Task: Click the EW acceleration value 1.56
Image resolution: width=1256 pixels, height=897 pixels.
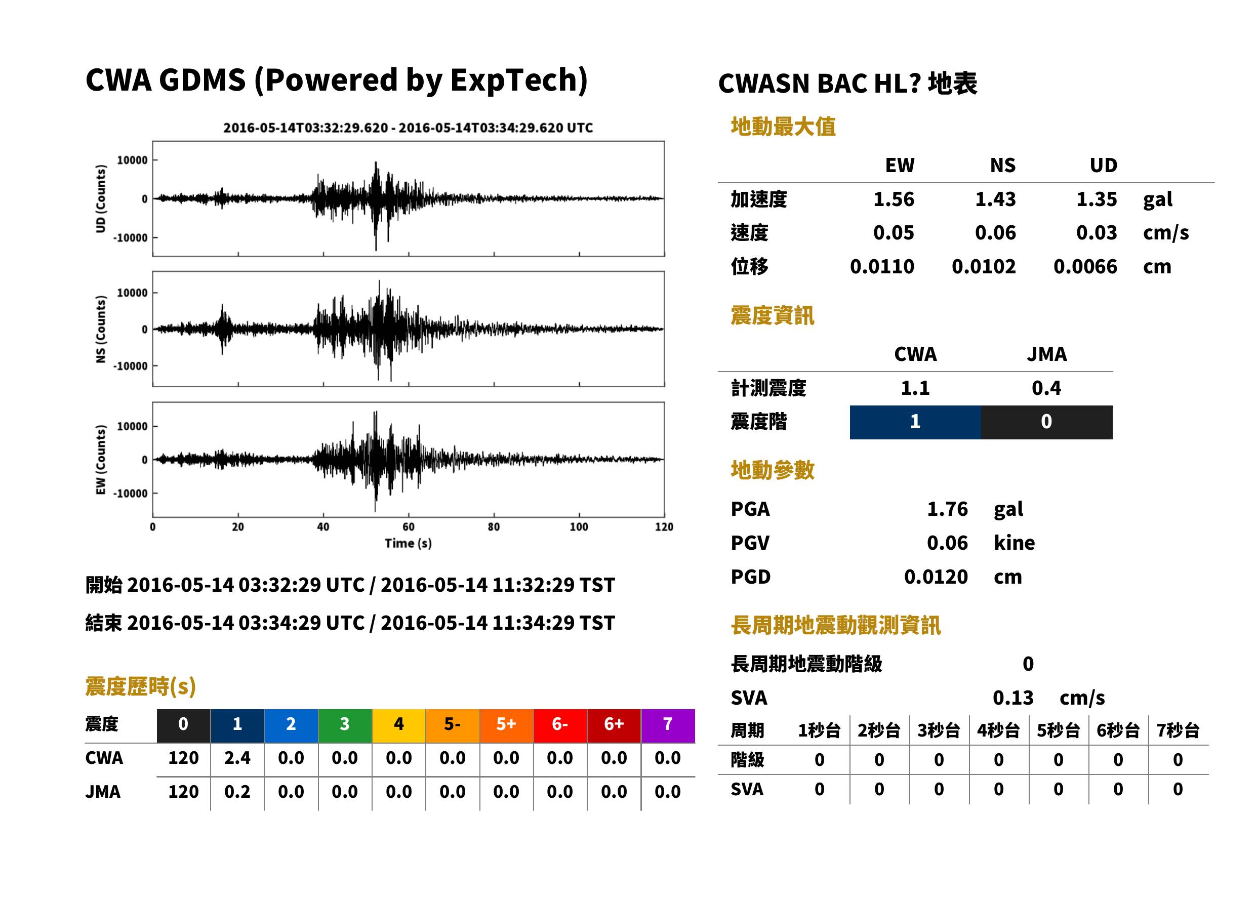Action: point(893,199)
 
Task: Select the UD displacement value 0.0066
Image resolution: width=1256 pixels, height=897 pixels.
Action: point(1085,267)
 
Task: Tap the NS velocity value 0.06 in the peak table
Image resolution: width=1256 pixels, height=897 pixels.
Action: point(995,232)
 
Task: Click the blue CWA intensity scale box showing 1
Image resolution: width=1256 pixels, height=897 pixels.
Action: point(915,422)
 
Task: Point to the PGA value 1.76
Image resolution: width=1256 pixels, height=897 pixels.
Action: point(947,509)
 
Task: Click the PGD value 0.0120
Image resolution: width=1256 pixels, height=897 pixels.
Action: point(936,577)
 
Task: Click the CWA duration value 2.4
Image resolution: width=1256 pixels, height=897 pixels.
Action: point(237,758)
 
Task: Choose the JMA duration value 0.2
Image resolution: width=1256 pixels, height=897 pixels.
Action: point(237,792)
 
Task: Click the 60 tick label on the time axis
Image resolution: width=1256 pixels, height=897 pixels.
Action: point(408,527)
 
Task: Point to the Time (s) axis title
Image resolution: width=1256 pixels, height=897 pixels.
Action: point(408,543)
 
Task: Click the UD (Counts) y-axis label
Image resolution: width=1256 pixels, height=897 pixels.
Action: point(101,199)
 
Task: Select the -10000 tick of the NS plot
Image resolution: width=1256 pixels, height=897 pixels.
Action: point(130,366)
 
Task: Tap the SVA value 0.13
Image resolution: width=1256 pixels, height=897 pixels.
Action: point(1013,698)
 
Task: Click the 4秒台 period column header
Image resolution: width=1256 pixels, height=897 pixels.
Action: point(998,730)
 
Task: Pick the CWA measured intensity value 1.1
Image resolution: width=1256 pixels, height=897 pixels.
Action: point(915,388)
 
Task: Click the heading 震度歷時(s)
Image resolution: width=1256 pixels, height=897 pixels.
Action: point(140,686)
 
